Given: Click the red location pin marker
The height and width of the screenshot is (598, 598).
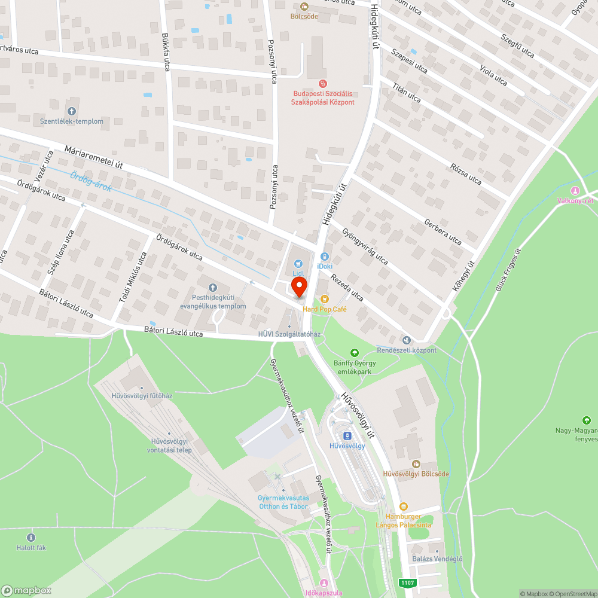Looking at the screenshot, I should pyautogui.click(x=299, y=285).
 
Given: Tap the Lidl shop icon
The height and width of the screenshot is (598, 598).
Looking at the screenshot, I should pyautogui.click(x=298, y=263).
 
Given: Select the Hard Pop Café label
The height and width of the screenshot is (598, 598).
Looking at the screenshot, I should pyautogui.click(x=325, y=309).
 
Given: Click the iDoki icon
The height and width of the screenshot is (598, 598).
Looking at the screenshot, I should pyautogui.click(x=325, y=256).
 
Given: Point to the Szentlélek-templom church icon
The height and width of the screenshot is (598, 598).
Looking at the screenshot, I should pyautogui.click(x=72, y=111).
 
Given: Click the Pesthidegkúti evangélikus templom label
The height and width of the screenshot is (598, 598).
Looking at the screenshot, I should pyautogui.click(x=213, y=301).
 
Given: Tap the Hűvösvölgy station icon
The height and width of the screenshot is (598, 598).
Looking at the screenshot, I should pyautogui.click(x=347, y=436).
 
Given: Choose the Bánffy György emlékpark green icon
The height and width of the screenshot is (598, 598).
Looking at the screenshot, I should pyautogui.click(x=355, y=353).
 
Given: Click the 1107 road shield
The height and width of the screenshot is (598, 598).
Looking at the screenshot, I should pyautogui.click(x=408, y=582).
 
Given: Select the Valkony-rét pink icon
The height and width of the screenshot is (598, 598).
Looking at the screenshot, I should pyautogui.click(x=575, y=191).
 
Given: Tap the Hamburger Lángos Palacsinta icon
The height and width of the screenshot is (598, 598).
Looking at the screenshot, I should pyautogui.click(x=403, y=506).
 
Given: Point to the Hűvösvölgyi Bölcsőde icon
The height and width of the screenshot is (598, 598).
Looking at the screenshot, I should pyautogui.click(x=416, y=464).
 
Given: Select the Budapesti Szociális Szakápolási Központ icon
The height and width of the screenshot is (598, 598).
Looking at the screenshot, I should pyautogui.click(x=323, y=84).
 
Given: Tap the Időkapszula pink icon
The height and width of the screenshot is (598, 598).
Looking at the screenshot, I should pyautogui.click(x=324, y=583).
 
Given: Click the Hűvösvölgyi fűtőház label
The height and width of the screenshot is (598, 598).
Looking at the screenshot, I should pyautogui.click(x=142, y=395).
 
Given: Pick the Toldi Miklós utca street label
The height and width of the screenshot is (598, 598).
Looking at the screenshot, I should pyautogui.click(x=133, y=276).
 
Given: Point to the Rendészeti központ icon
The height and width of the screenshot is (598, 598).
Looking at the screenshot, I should pyautogui.click(x=407, y=340).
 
